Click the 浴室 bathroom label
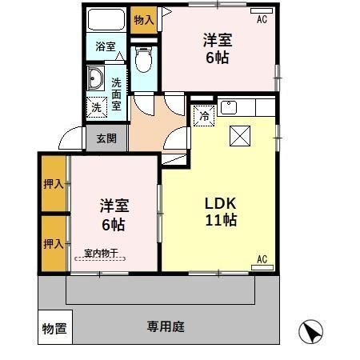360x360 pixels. coord(104,47)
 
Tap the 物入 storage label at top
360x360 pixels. coord(143,19)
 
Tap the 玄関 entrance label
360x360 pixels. coord(106,138)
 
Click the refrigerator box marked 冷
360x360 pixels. coord(203,116)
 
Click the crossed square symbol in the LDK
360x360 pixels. coord(239,137)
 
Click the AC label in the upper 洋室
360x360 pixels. coord(262,21)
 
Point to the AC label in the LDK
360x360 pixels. coord(262,258)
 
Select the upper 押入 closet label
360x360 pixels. coord(54,184)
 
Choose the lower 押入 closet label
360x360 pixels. coord(54,243)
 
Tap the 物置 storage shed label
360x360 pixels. coord(54,328)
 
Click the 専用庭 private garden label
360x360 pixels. coord(166,326)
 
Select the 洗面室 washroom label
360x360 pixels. coord(117,94)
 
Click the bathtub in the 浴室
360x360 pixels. coord(104,20)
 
